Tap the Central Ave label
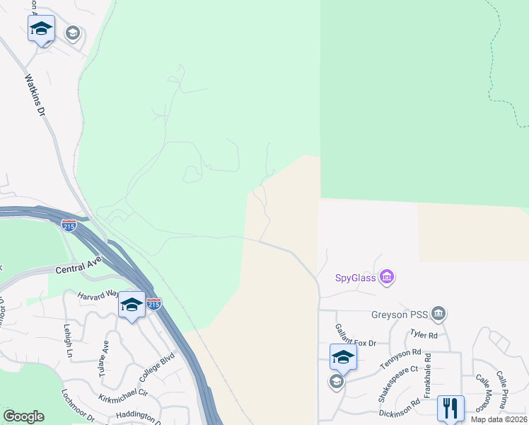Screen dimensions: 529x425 [79, 266]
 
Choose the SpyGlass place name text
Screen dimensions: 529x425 [356, 277]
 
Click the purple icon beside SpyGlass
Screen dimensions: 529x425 [386, 276]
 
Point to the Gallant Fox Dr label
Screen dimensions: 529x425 [356, 339]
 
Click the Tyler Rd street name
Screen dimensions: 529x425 [424, 334]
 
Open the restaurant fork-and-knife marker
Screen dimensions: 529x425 [450, 407]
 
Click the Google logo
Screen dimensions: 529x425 [24, 416]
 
